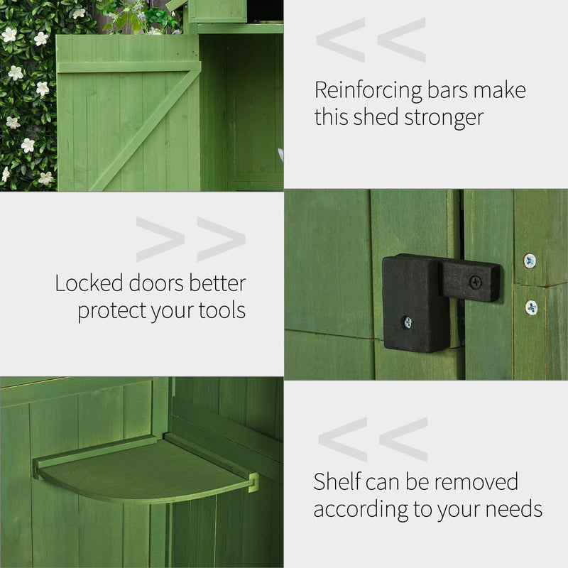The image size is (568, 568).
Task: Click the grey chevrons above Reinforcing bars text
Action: pos(371,40)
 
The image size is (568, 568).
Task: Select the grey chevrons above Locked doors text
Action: pos(190,239)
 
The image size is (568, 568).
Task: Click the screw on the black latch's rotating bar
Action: pos(475,281)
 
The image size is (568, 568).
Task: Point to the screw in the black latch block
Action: pos(408,322)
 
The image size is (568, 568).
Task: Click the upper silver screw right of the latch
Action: pos(530,261)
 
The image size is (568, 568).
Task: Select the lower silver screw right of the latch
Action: pos(531,307)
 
